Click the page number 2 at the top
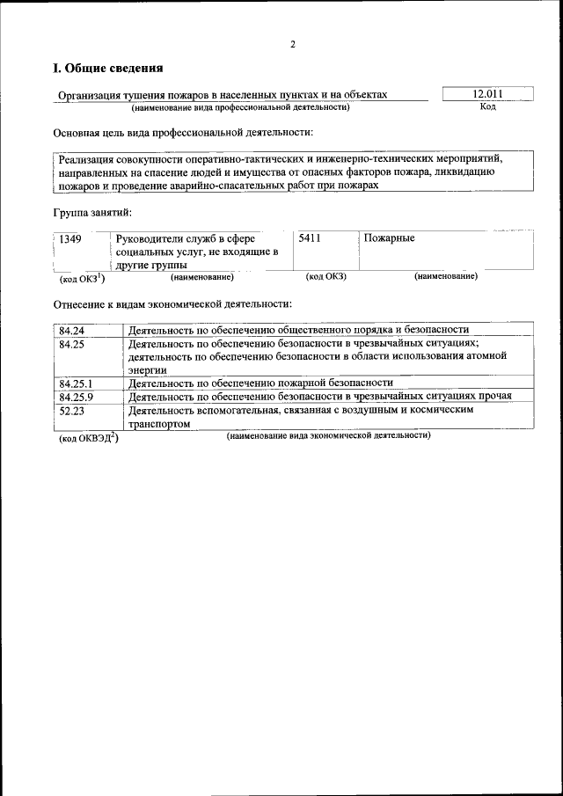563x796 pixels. click(x=293, y=44)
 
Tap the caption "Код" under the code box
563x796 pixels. click(x=488, y=107)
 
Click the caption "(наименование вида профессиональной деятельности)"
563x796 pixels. click(x=241, y=107)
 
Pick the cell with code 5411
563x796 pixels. click(x=311, y=238)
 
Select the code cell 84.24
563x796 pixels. click(x=71, y=330)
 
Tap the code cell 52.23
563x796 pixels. click(x=71, y=410)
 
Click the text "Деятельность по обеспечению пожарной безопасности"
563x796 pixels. click(x=260, y=383)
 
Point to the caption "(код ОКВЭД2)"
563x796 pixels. click(x=89, y=438)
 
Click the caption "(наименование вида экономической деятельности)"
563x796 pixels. click(x=327, y=436)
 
